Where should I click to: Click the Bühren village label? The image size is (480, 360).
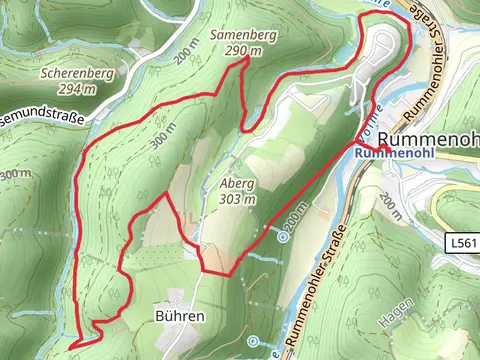(180, 315)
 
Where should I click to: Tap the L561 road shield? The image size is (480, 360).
(460, 243)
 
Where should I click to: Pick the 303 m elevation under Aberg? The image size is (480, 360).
(237, 200)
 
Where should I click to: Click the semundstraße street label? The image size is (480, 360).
(36, 115)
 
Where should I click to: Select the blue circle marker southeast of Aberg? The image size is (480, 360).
(283, 238)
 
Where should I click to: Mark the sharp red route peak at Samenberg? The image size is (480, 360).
(246, 61)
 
